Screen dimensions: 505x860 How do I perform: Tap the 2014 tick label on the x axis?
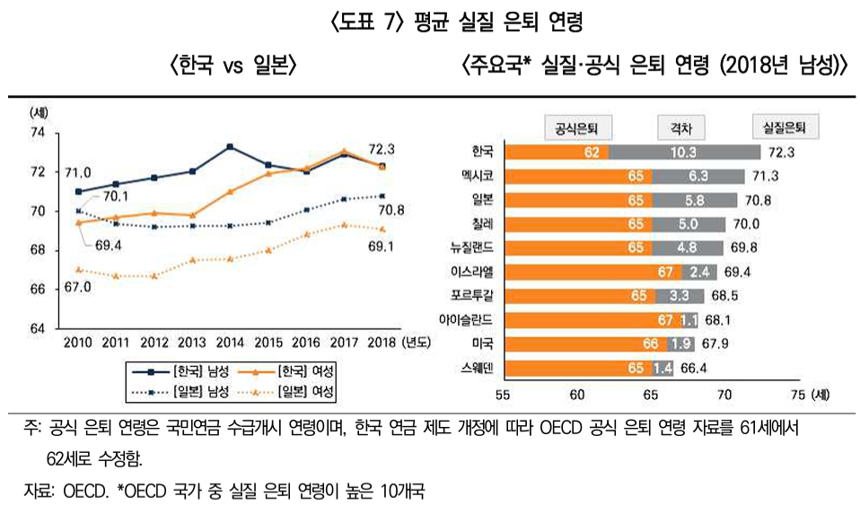pyautogui.click(x=231, y=342)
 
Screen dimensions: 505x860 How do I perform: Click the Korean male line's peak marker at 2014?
pyautogui.click(x=231, y=146)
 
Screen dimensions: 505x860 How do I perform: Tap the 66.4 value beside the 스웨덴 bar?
pyautogui.click(x=694, y=367)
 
